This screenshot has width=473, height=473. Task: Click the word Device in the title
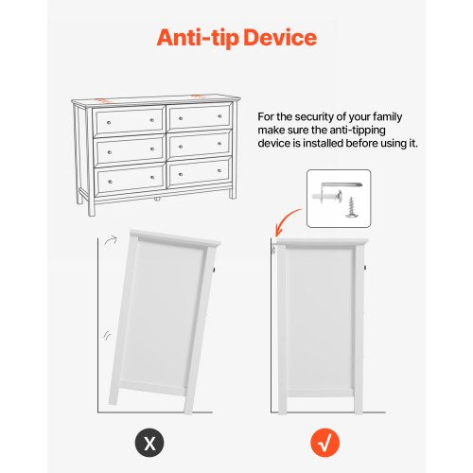pos(281,40)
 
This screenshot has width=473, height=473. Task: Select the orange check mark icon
pos(324,440)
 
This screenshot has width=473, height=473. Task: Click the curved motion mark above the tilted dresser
pos(111,241)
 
